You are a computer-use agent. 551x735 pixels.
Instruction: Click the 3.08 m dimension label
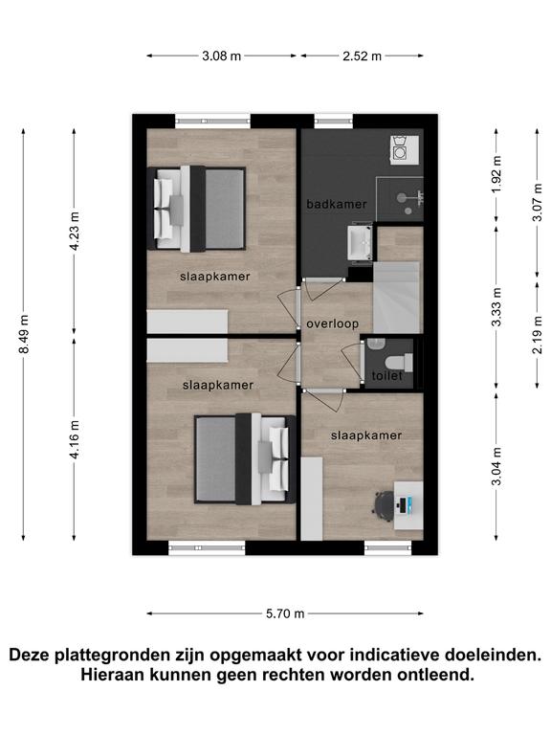point(221,56)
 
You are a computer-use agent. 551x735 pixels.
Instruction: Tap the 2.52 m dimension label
point(362,56)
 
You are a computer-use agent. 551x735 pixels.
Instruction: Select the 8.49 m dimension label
point(23,334)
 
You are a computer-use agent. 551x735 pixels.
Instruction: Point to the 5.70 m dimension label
point(285,613)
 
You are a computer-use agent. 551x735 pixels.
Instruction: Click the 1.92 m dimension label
point(496,174)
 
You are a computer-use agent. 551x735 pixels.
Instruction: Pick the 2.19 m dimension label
point(538,335)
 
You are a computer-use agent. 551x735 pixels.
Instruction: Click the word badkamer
point(337,205)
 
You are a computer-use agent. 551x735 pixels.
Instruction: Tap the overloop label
point(333,323)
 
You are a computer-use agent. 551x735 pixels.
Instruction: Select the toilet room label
point(387,376)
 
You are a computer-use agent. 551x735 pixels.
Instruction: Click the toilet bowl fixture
point(398,363)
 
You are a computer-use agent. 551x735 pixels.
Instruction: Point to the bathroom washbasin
point(360,242)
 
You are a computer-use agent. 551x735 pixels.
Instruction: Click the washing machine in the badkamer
point(405,149)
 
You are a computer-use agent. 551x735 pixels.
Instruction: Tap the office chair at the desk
point(384,505)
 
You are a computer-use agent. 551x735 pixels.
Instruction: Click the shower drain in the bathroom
point(408,212)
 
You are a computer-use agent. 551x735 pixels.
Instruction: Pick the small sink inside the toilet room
point(375,345)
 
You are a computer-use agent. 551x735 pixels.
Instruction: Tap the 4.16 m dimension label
point(74,439)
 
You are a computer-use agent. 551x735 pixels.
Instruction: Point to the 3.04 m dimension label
point(496,466)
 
